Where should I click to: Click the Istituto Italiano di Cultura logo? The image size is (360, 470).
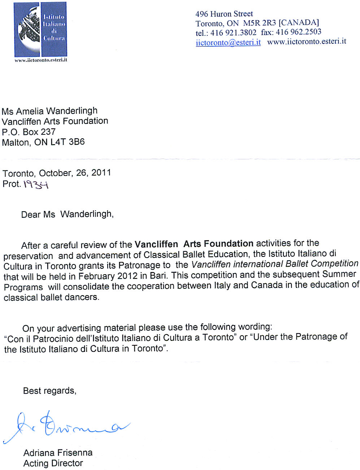tap(40, 30)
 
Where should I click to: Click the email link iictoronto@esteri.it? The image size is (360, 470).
tap(228, 42)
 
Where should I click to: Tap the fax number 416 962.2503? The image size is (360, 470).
tap(298, 32)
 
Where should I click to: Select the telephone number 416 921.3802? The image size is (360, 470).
tap(233, 33)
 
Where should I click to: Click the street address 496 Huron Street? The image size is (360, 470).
tap(224, 14)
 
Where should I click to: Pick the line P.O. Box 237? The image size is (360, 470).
tap(29, 131)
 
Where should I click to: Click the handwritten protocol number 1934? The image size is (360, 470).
tap(36, 185)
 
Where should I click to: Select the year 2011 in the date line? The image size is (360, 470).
tap(101, 172)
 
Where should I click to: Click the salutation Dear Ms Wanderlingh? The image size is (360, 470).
tap(67, 214)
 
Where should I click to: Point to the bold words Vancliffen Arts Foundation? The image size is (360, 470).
tap(194, 244)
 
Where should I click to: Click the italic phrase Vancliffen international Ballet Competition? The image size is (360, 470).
tap(275, 264)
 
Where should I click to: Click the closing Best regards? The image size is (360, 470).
tap(49, 391)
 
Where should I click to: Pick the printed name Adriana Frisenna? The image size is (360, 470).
tap(58, 453)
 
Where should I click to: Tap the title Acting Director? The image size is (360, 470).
tap(53, 463)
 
